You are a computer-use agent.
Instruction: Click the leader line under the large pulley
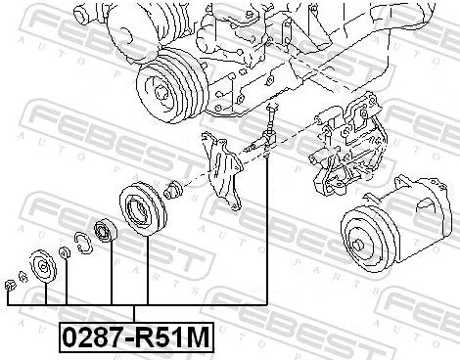(x=148, y=269)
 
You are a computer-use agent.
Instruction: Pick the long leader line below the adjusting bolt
(x=267, y=235)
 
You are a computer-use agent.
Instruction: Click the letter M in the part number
(x=199, y=338)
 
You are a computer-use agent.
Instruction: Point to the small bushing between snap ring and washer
(x=65, y=253)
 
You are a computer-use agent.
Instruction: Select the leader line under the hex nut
(x=9, y=297)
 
